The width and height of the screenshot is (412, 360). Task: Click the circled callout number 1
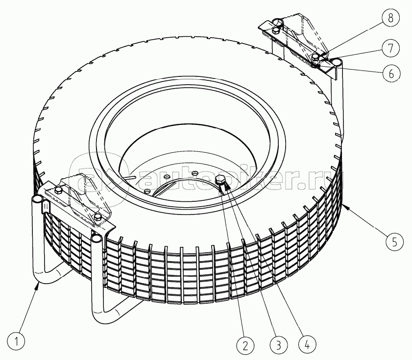click(x=16, y=341)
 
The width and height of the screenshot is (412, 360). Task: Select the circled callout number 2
click(x=245, y=345)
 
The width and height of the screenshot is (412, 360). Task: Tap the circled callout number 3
click(x=279, y=344)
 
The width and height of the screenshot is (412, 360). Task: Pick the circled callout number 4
click(x=307, y=344)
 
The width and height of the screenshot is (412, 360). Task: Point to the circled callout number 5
click(x=395, y=242)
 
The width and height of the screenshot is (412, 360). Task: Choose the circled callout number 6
click(x=391, y=73)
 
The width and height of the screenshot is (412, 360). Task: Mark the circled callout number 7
click(x=391, y=48)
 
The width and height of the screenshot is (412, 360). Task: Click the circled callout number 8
click(x=390, y=19)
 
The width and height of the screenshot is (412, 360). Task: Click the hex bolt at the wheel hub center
click(x=220, y=180)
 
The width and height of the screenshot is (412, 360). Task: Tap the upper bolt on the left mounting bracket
click(x=59, y=190)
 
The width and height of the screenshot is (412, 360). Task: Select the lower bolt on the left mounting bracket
click(x=97, y=217)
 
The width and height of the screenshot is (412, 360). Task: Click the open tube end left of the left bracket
click(x=37, y=199)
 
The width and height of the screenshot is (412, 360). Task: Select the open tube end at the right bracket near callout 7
click(x=337, y=62)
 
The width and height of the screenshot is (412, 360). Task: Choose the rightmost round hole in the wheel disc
click(x=194, y=173)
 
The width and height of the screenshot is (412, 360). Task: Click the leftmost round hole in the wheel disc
click(x=147, y=190)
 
